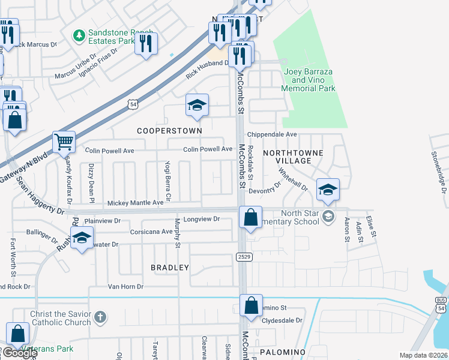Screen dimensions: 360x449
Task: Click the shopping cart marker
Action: point(64,143)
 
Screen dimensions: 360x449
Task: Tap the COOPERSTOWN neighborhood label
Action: point(169,130)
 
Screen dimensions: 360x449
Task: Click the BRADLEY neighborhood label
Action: point(170,268)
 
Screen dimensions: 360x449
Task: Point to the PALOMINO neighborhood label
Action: point(283,352)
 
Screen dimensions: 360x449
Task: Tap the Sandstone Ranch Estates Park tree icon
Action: point(79,37)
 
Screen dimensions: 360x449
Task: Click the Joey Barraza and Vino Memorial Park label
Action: point(309,80)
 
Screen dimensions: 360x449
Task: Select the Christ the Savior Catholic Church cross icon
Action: point(101,316)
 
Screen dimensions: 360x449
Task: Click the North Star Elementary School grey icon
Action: point(328,215)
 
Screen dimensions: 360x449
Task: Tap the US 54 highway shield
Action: point(133,104)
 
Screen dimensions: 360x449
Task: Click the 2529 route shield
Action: point(243,256)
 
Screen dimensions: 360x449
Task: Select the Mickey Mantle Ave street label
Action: point(136,203)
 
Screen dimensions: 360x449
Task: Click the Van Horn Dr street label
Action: point(125,287)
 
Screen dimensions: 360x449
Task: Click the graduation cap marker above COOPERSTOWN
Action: point(197,106)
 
